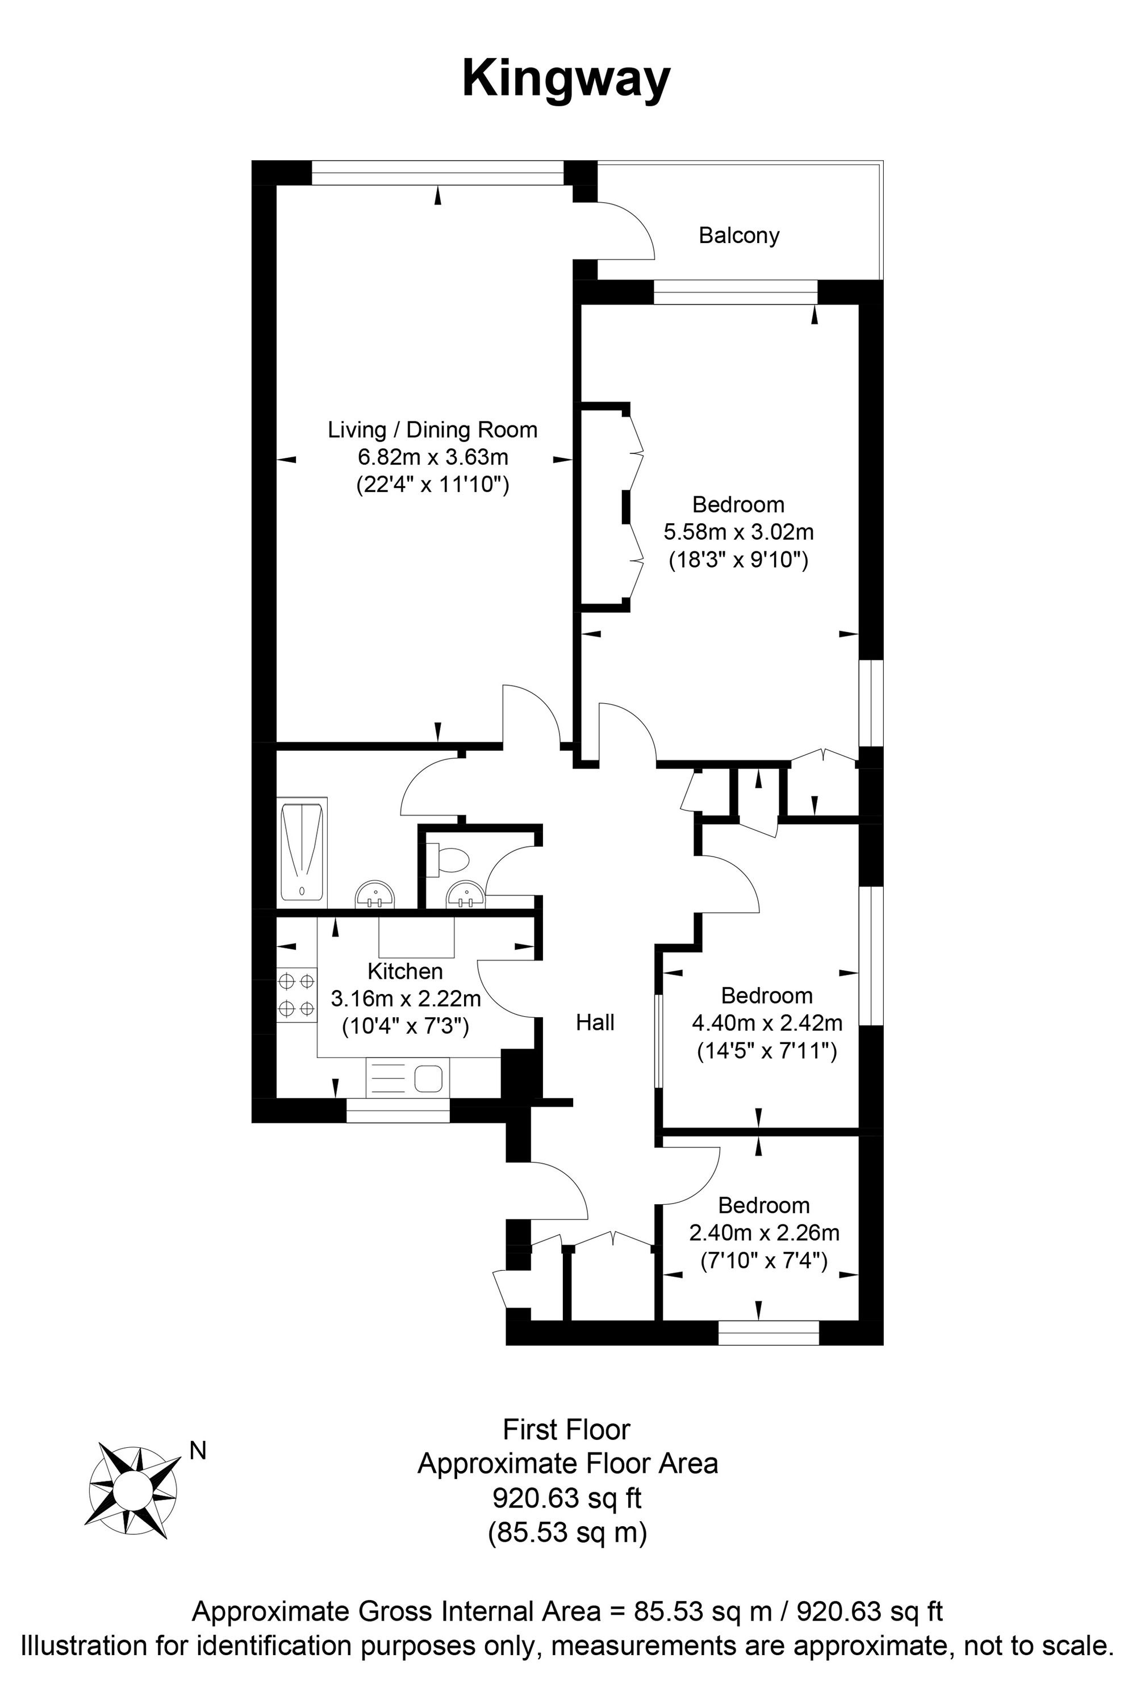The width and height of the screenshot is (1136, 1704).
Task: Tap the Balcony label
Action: (x=738, y=236)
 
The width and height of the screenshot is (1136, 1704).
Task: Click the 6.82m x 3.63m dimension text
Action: (x=432, y=457)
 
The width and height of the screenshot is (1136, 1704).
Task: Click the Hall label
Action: (x=595, y=1022)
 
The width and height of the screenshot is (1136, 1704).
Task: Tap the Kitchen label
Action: (x=405, y=971)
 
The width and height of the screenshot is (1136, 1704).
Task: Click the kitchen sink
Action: (x=408, y=1079)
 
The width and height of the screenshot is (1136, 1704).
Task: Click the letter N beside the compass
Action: (x=197, y=1451)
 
